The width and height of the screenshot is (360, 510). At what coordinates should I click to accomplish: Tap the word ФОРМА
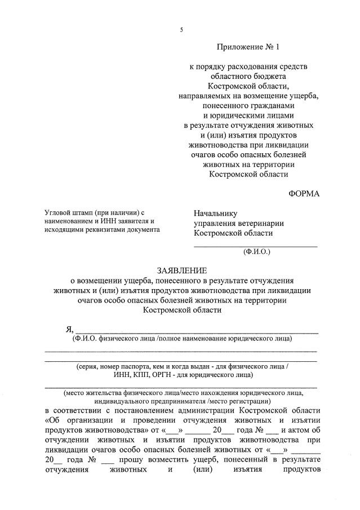[304, 194]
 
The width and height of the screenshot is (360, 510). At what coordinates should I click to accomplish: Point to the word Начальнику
[216, 214]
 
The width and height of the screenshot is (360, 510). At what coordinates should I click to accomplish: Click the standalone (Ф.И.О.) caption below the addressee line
[257, 253]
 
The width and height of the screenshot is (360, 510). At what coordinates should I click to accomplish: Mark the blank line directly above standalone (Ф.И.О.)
[256, 246]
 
